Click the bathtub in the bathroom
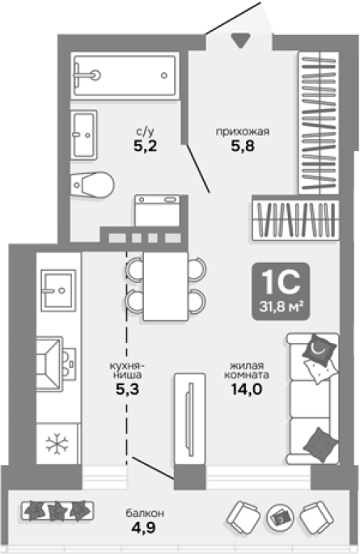[125, 75]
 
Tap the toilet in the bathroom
[92, 184]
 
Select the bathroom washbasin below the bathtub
[83, 135]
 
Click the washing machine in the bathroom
[157, 211]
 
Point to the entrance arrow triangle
[241, 40]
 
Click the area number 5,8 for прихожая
[243, 146]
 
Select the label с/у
[145, 132]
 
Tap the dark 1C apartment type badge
[281, 291]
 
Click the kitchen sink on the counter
[58, 290]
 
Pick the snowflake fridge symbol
[57, 443]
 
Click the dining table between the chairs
[165, 286]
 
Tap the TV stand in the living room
[190, 420]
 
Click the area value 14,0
[247, 389]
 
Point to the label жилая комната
[247, 370]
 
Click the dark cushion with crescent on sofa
[319, 350]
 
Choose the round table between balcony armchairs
[280, 518]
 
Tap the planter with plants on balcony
[57, 510]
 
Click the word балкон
[145, 513]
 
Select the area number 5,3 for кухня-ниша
[128, 389]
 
